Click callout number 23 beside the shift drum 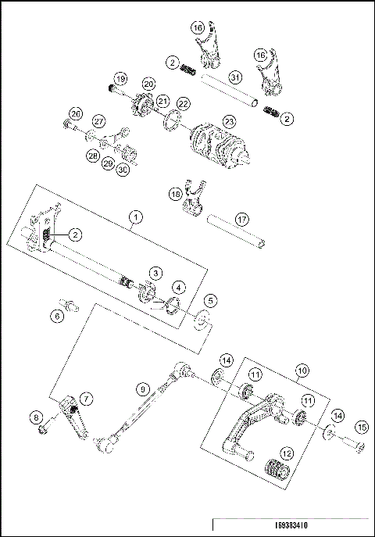tap(229, 121)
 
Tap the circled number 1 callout tap(136, 217)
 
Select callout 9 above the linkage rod tap(142, 388)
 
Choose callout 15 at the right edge tap(360, 427)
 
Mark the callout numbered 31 tap(235, 77)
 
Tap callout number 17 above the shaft tap(243, 220)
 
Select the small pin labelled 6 tap(69, 304)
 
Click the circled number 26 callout tap(76, 113)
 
